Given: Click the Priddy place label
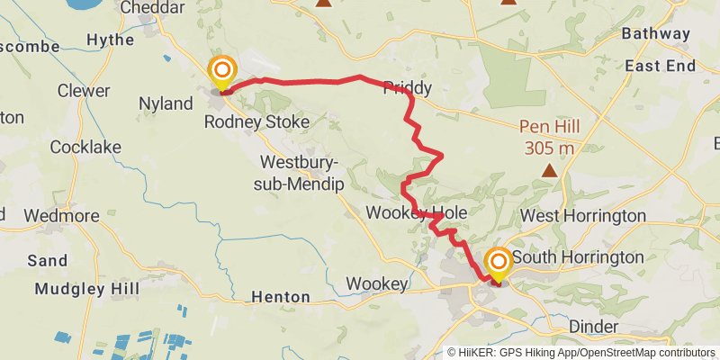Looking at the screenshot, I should click(408, 88).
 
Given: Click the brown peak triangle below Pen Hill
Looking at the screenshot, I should click(548, 168).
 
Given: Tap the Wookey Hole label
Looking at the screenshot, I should click(416, 212).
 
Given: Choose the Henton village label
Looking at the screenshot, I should click(280, 296).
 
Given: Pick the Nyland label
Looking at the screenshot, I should click(166, 103).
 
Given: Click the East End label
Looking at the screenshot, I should click(660, 66).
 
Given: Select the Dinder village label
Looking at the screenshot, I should click(594, 326).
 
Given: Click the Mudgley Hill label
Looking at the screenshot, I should click(86, 289).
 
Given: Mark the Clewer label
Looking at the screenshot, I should click(83, 91).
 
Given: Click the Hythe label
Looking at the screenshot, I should click(109, 40).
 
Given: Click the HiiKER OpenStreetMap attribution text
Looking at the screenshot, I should click(581, 353).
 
